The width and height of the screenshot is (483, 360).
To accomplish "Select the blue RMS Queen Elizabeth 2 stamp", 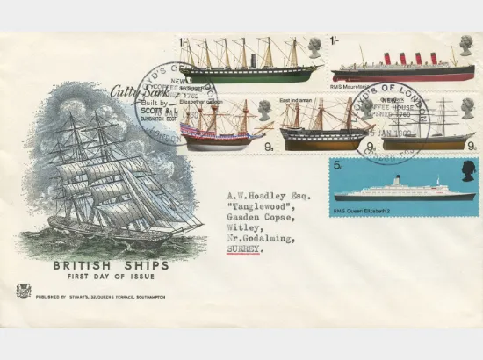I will (x=403, y=187).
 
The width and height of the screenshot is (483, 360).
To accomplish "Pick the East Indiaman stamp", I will (x=324, y=123).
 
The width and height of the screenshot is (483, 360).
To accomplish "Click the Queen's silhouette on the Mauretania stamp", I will (x=465, y=47).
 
